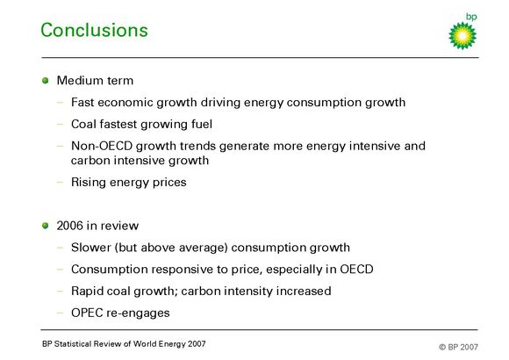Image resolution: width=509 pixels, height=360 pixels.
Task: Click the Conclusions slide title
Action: click(x=94, y=30)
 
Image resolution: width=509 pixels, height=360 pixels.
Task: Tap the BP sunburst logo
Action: click(x=462, y=36)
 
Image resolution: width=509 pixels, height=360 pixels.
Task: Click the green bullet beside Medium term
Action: click(x=45, y=80)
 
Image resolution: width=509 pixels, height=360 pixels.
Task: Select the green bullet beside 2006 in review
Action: click(x=45, y=226)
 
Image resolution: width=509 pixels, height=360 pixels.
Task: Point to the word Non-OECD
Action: click(x=102, y=146)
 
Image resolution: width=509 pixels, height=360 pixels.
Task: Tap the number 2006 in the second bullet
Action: click(x=70, y=226)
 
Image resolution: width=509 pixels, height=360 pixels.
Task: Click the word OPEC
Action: click(x=85, y=313)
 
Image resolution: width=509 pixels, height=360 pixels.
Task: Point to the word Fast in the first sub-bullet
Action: click(x=82, y=103)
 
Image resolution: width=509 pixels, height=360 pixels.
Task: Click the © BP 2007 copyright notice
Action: click(x=458, y=347)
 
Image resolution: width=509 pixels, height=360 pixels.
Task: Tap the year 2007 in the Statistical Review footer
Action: click(x=196, y=343)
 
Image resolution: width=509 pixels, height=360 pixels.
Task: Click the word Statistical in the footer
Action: click(x=72, y=343)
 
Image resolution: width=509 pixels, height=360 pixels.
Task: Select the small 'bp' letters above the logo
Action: click(x=471, y=17)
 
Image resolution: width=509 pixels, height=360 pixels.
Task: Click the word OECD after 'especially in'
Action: click(x=356, y=270)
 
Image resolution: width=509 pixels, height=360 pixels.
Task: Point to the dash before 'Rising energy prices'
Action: click(x=60, y=183)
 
